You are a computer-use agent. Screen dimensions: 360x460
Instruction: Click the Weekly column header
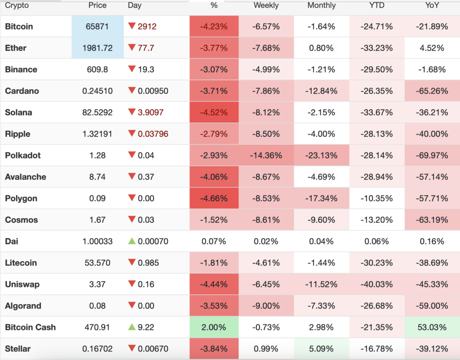pyautogui.click(x=266, y=5)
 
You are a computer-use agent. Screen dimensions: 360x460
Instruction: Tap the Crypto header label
pyautogui.click(x=17, y=5)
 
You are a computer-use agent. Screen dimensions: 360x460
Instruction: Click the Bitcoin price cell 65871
pyautogui.click(x=97, y=26)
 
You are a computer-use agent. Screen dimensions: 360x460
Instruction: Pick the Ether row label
pyautogui.click(x=16, y=48)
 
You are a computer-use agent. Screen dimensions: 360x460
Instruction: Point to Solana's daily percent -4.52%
pyautogui.click(x=214, y=112)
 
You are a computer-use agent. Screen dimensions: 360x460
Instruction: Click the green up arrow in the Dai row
pyautogui.click(x=132, y=241)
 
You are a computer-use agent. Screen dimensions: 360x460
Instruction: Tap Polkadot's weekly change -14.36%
pyautogui.click(x=266, y=155)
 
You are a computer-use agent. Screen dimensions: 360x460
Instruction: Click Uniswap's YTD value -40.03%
pyautogui.click(x=376, y=284)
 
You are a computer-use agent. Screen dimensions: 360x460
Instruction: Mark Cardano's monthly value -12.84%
pyautogui.click(x=321, y=91)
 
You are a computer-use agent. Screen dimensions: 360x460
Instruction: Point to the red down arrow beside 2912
pyautogui.click(x=132, y=26)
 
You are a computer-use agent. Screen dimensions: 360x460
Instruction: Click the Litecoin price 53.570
pyautogui.click(x=97, y=263)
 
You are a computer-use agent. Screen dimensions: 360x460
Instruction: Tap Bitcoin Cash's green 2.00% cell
pyautogui.click(x=214, y=327)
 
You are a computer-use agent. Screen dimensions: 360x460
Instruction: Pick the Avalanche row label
pyautogui.click(x=25, y=177)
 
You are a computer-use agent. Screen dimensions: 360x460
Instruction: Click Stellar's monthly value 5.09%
pyautogui.click(x=321, y=348)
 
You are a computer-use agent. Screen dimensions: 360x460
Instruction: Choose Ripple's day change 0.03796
pyautogui.click(x=153, y=134)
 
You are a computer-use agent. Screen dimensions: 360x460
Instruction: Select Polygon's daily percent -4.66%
pyautogui.click(x=214, y=198)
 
